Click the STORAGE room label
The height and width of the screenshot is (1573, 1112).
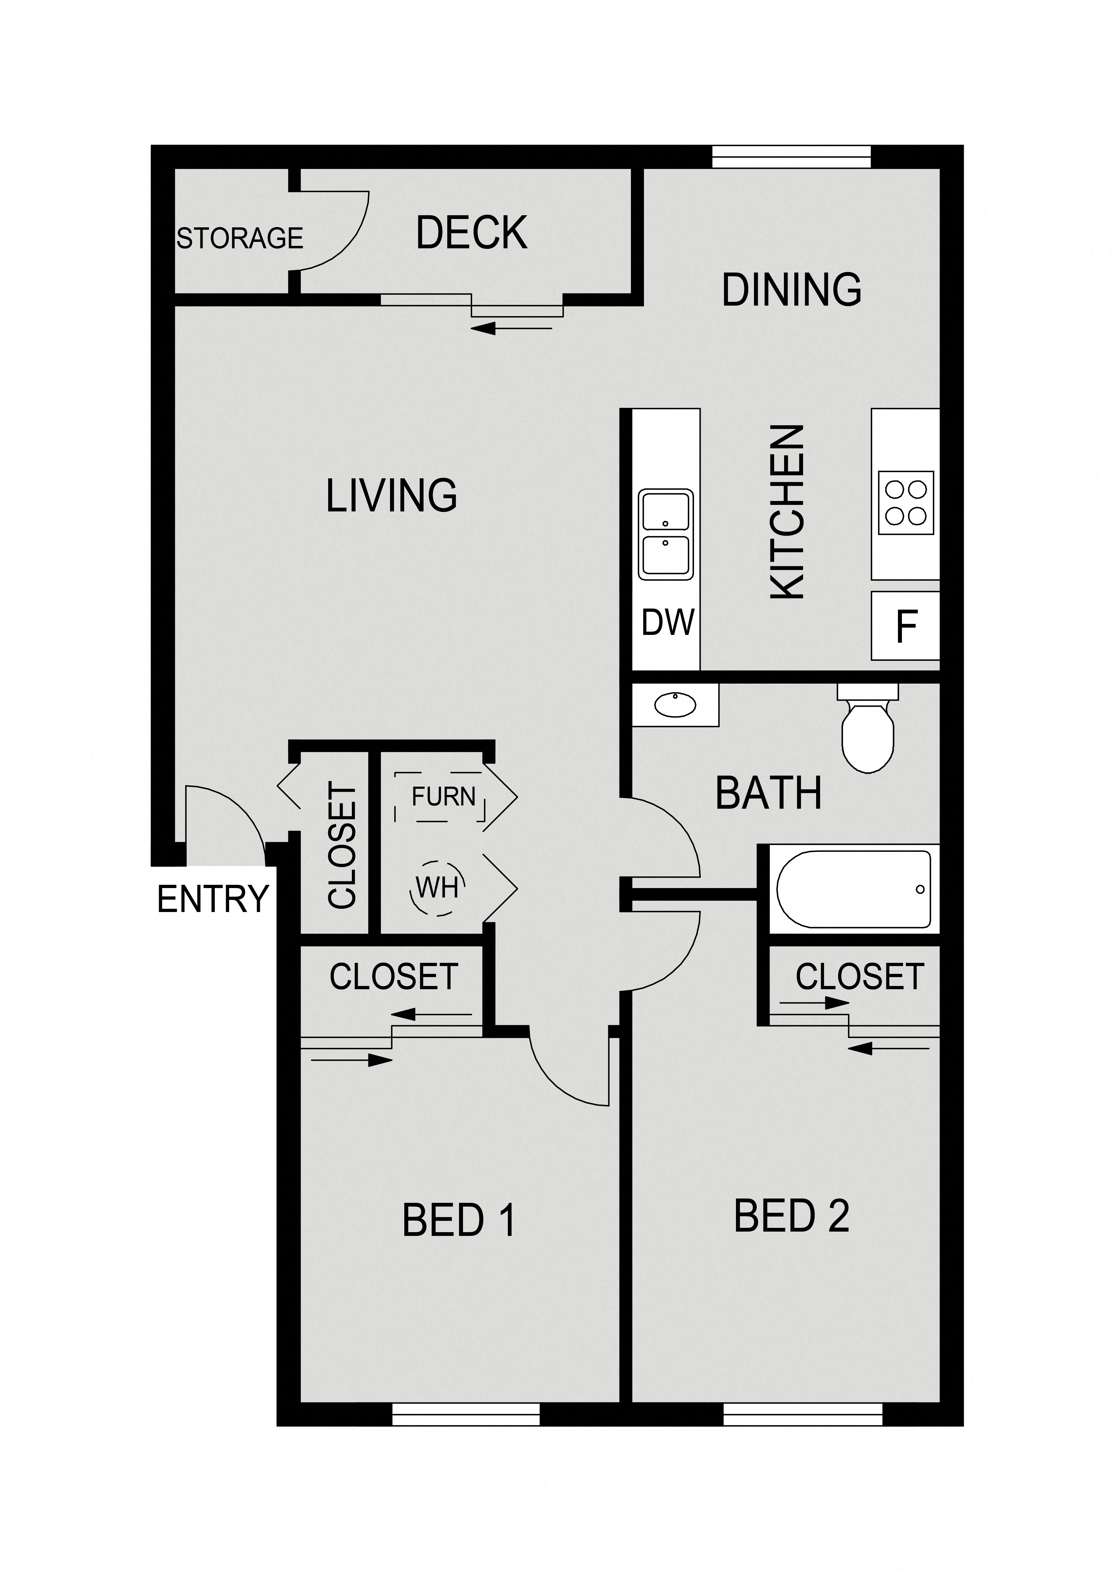pos(240,238)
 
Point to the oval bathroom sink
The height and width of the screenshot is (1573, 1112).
pos(675,704)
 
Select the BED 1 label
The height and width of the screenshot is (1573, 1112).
pos(458,1220)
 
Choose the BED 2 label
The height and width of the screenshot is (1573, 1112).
pos(791,1216)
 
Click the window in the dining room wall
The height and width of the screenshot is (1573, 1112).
pos(791,157)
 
